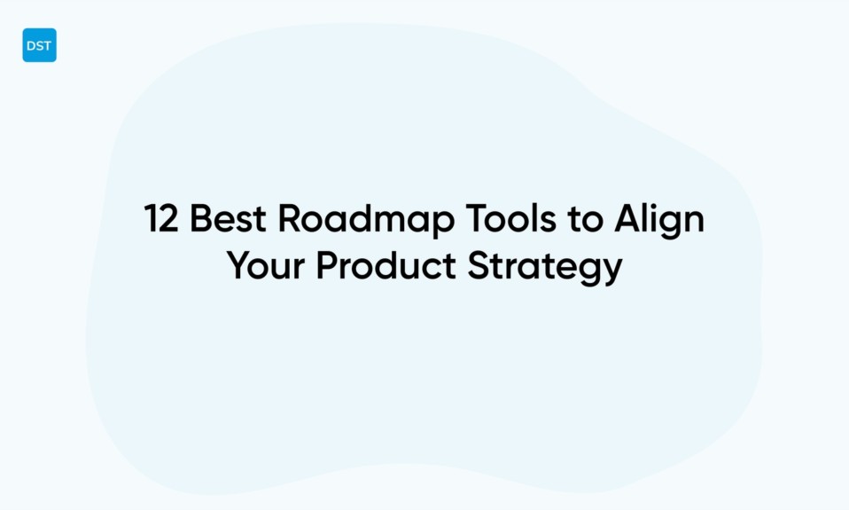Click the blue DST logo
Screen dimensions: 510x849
(x=39, y=45)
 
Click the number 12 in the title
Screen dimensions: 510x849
(x=162, y=219)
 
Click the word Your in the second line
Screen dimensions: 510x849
(x=266, y=266)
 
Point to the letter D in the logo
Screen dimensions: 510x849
(x=31, y=46)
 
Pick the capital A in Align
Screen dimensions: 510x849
(x=627, y=219)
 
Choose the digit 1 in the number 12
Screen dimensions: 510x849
(x=152, y=219)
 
